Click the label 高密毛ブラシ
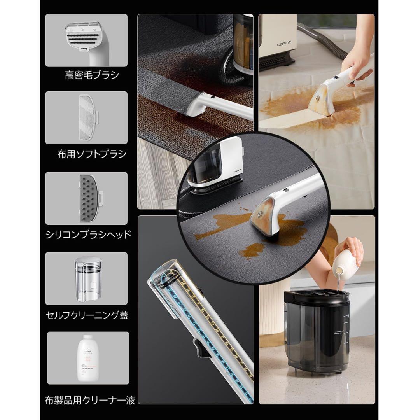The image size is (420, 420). (92, 75)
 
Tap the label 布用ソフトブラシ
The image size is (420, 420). (92, 154)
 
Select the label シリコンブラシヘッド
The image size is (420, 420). (92, 234)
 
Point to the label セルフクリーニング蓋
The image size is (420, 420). (92, 314)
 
